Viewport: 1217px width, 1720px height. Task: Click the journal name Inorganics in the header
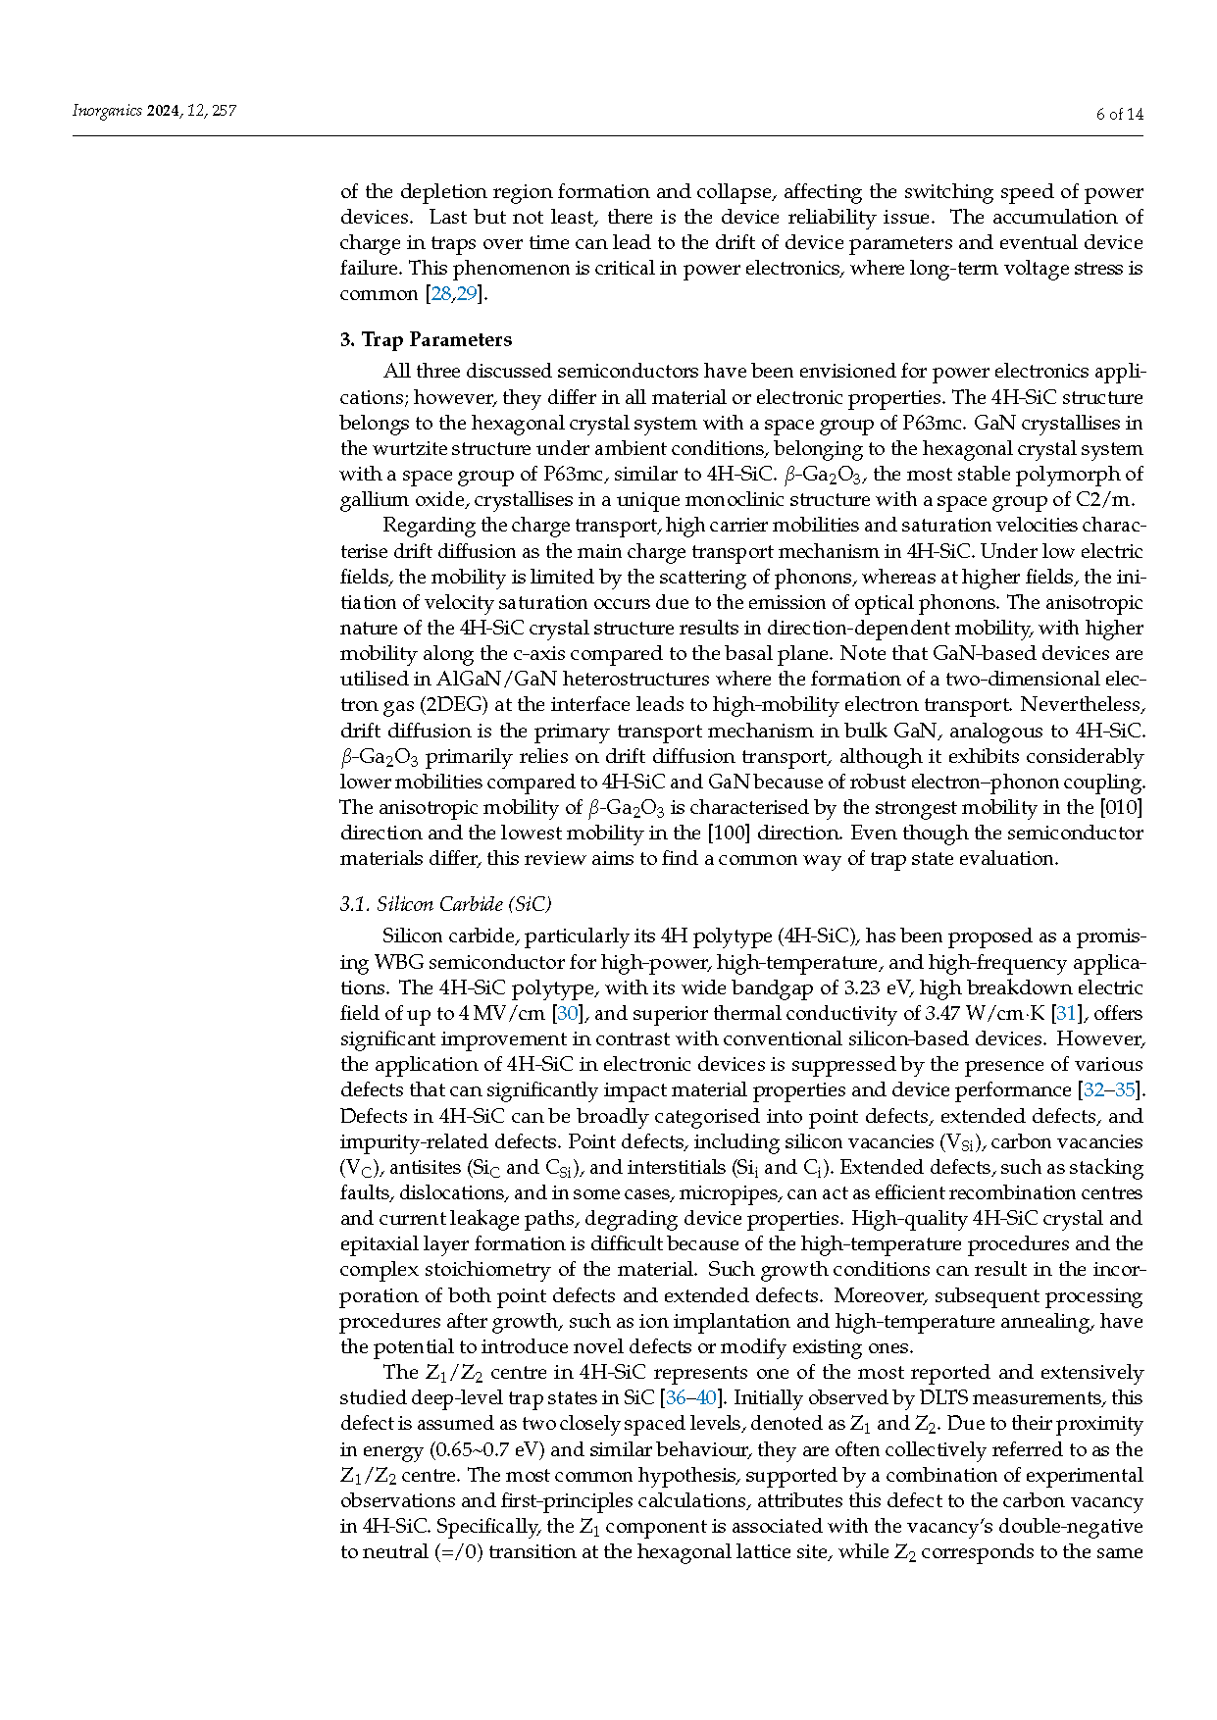coord(107,111)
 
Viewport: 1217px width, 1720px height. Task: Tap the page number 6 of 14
coord(1119,114)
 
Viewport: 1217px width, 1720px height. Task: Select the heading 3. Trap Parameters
coord(426,339)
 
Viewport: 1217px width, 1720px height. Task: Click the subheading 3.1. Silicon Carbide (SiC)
coord(446,903)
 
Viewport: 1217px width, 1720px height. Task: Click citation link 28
coord(441,294)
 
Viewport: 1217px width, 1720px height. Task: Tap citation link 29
coord(466,294)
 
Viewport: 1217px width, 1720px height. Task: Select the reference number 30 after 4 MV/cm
coord(568,1013)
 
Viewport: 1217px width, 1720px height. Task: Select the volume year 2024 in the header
coord(164,111)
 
